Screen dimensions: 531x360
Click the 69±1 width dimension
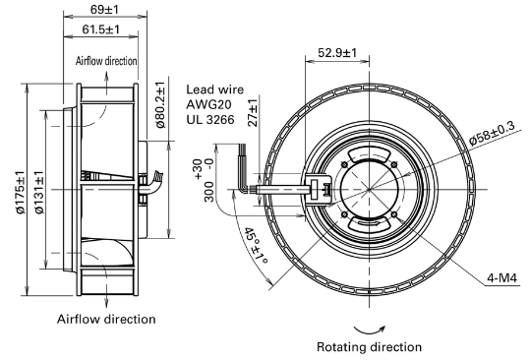pos(104,10)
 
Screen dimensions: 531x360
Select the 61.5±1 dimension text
pos(101,30)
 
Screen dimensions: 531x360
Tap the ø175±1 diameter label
pos(20,192)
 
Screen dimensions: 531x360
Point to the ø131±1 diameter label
pos(39,192)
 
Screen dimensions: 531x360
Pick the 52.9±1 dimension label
pos(337,53)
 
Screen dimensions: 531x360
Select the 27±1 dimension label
pos(253,113)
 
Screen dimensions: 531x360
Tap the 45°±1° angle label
pos(257,246)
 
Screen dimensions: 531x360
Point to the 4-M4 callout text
pos(502,278)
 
